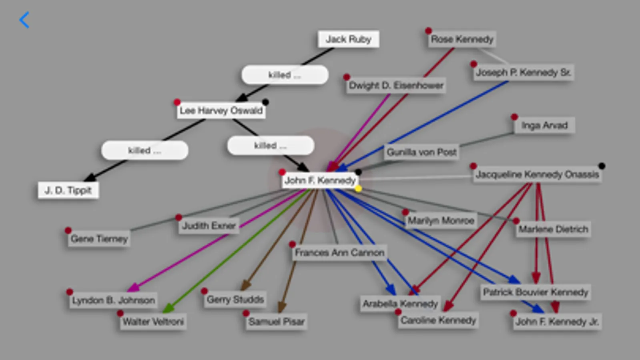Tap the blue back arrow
click(x=24, y=20)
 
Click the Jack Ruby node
click(x=348, y=39)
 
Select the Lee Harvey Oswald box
click(x=221, y=110)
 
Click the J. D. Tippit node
click(x=68, y=190)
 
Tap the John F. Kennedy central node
click(x=320, y=180)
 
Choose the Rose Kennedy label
click(x=462, y=39)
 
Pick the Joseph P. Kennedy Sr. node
click(x=523, y=73)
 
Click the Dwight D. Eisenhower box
click(x=396, y=86)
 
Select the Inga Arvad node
click(x=544, y=126)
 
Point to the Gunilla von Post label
click(x=421, y=152)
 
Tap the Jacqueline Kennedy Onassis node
click(x=537, y=174)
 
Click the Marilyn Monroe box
click(x=441, y=220)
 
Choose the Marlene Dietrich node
click(x=553, y=229)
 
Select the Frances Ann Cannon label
click(x=339, y=253)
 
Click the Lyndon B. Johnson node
click(x=113, y=300)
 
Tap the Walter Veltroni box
click(x=153, y=322)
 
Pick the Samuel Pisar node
click(x=276, y=322)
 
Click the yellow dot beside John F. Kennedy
click(x=358, y=188)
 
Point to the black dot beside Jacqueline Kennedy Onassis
click(x=602, y=166)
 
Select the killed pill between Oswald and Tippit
click(x=144, y=150)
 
